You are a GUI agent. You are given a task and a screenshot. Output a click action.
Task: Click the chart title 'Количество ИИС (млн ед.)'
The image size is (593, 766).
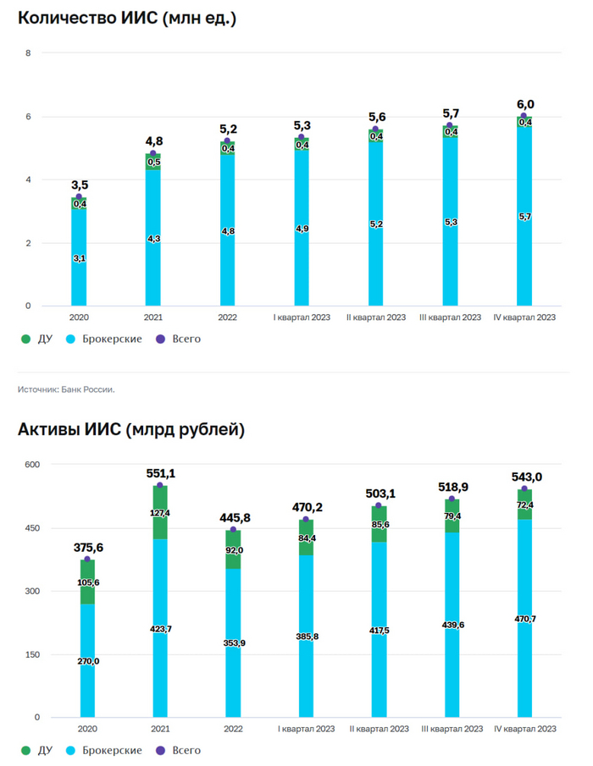click(127, 18)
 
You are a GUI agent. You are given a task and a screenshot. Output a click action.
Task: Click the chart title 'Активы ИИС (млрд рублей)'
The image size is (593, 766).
click(131, 430)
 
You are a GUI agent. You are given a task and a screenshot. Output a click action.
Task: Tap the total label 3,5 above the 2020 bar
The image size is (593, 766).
click(80, 184)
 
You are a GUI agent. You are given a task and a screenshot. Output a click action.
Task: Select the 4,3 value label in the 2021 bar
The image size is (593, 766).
click(153, 240)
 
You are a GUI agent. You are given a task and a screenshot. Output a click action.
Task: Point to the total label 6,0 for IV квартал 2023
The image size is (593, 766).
click(525, 105)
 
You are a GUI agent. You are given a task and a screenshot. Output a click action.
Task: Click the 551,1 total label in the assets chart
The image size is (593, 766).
click(160, 473)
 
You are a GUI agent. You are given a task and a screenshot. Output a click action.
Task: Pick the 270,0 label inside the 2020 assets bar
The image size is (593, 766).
click(88, 661)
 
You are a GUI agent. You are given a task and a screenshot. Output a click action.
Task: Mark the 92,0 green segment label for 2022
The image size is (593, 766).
click(233, 550)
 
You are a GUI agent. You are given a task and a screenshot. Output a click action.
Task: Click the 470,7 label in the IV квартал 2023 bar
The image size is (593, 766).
click(524, 619)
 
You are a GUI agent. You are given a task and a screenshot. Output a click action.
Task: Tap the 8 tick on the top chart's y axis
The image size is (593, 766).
click(29, 53)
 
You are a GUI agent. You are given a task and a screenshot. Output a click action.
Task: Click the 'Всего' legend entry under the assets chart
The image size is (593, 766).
click(186, 750)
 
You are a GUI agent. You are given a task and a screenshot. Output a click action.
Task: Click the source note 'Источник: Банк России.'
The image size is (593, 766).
click(66, 389)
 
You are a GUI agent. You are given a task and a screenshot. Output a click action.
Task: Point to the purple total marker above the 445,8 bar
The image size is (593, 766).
click(233, 530)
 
